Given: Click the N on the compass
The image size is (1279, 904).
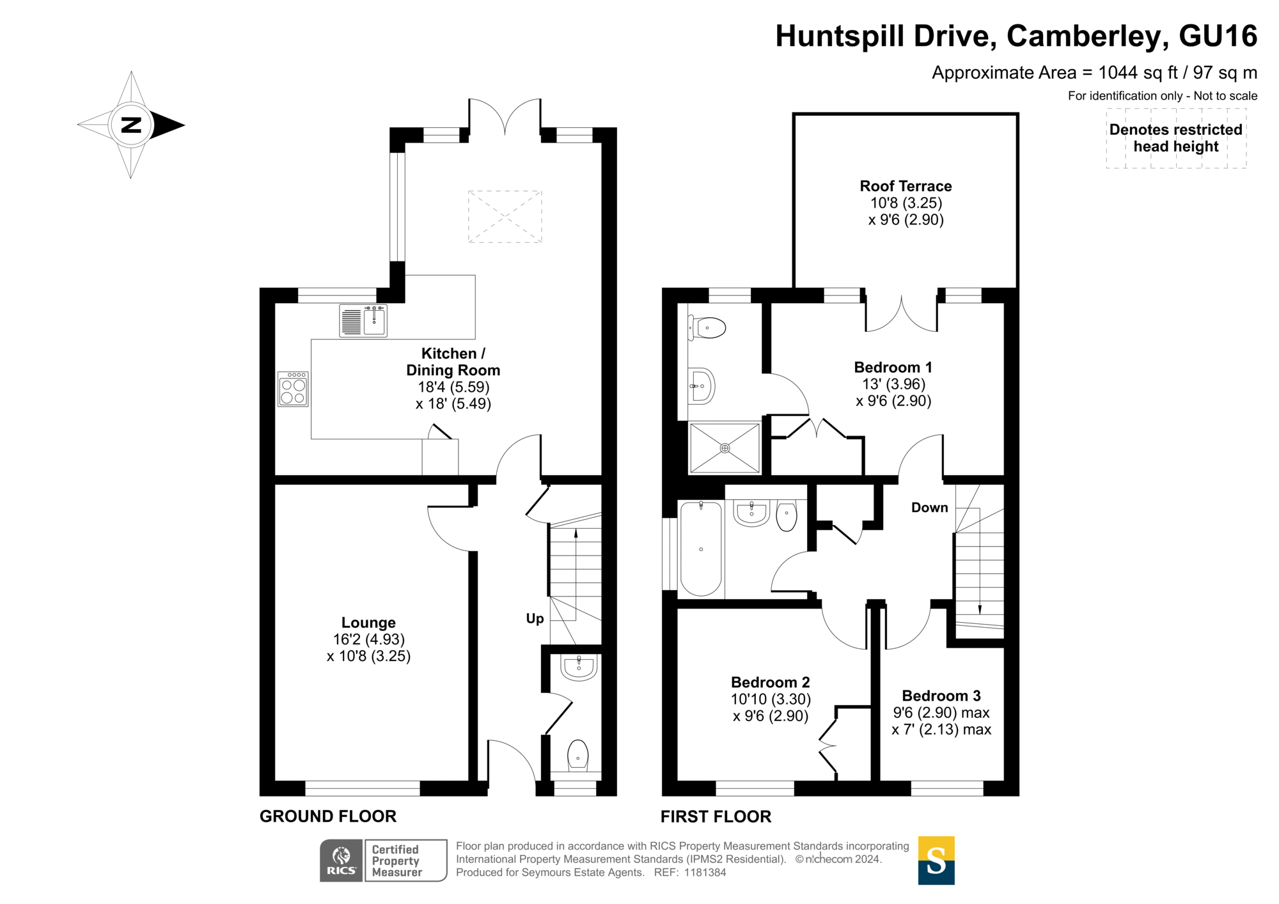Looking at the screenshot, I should (131, 125).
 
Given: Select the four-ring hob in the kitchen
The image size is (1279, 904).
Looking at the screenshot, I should (293, 389).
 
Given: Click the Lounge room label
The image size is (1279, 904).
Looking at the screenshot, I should (368, 623).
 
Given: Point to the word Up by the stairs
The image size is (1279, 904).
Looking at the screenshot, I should (535, 618).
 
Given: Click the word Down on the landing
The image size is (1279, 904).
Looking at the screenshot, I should (929, 508).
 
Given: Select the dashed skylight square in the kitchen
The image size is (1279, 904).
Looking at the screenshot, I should (505, 216).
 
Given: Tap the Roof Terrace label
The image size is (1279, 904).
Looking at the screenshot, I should (906, 186).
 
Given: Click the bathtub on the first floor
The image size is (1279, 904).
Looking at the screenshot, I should (701, 549).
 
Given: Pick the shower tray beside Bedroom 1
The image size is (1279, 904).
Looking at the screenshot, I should (725, 448).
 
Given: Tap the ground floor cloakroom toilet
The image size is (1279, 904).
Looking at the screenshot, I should (577, 755).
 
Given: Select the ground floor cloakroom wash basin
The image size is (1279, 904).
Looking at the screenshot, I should (579, 667).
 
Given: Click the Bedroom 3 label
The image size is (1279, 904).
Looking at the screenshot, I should (941, 696).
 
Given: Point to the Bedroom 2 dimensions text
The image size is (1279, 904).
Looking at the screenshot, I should (771, 708).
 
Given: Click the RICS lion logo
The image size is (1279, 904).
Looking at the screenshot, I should (341, 861).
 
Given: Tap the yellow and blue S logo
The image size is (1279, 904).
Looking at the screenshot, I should (936, 861).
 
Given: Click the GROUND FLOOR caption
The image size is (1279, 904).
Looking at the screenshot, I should (328, 816).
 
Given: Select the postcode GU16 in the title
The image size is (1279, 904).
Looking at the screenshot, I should (1218, 36).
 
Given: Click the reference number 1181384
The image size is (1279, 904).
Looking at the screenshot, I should (705, 873).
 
